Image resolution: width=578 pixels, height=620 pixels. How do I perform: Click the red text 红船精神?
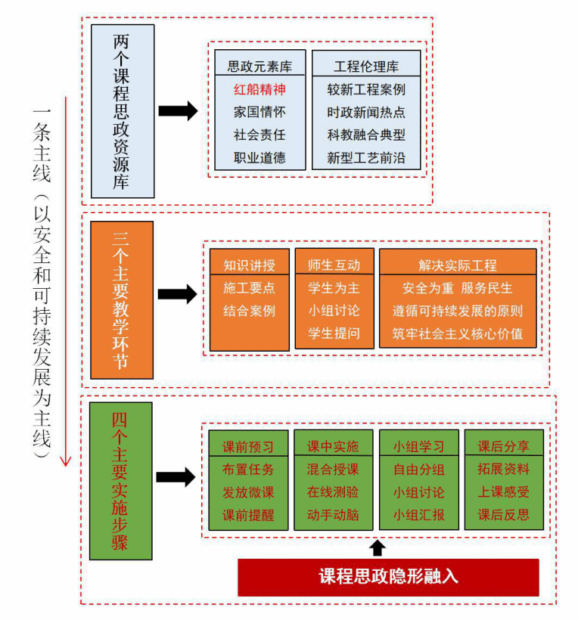(x=259, y=89)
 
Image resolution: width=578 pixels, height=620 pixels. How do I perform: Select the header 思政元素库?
(x=259, y=66)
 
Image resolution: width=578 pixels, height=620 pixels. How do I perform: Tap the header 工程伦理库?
(x=366, y=66)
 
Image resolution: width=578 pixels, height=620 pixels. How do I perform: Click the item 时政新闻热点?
(x=366, y=113)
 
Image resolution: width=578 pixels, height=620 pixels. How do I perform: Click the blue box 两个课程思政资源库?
(x=122, y=111)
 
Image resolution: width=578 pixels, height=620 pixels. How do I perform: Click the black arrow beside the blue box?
(x=179, y=111)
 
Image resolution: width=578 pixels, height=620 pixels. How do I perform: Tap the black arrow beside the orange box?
(x=178, y=294)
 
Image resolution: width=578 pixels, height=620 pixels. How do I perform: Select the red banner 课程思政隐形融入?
(x=388, y=577)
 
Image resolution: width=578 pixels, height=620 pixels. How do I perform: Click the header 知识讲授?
(x=249, y=265)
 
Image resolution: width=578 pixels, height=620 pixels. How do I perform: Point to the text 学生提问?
(x=334, y=333)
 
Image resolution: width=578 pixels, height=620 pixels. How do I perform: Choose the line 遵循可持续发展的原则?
(x=457, y=311)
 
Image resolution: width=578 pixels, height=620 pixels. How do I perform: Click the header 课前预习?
(x=248, y=446)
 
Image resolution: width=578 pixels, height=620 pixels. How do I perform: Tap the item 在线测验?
(x=333, y=492)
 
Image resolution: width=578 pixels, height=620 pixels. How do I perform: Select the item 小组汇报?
(x=418, y=516)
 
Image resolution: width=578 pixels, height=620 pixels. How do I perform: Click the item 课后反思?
(x=503, y=516)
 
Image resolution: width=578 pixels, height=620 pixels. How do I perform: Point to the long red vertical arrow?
(x=66, y=280)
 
